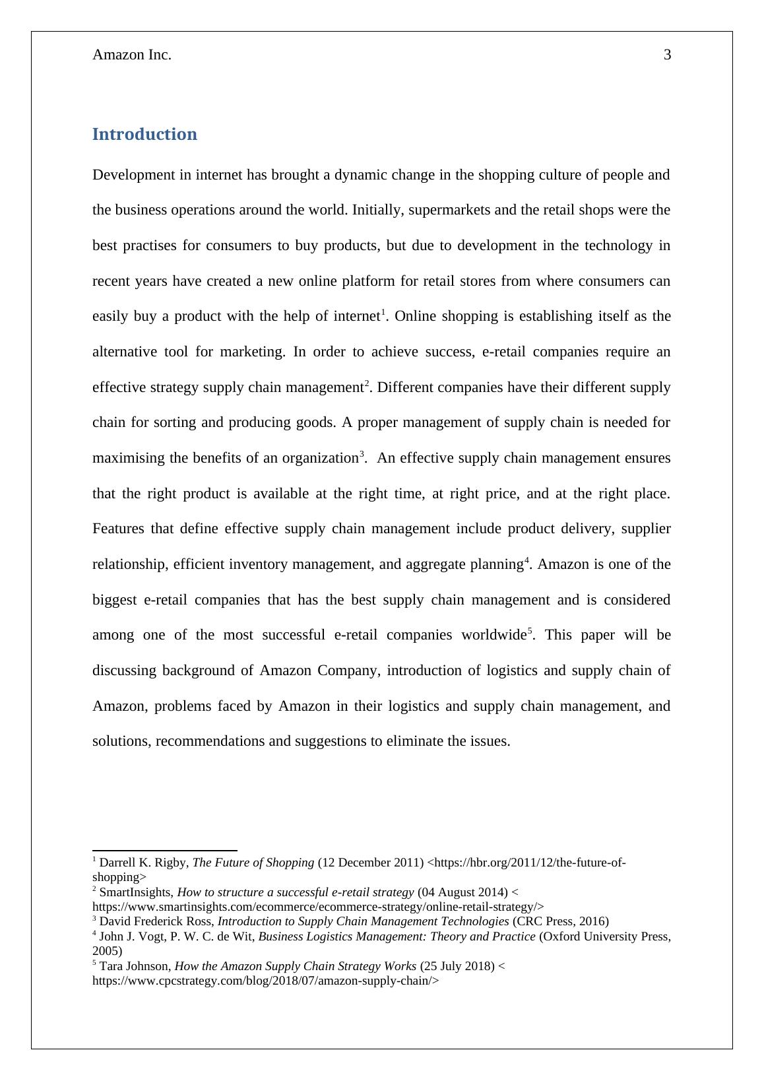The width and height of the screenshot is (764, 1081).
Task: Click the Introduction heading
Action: click(x=144, y=134)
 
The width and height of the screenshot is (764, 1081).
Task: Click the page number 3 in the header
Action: click(x=667, y=55)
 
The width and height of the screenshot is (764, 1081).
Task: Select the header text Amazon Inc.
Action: click(x=132, y=55)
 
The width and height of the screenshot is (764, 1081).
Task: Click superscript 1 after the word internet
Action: click(x=383, y=312)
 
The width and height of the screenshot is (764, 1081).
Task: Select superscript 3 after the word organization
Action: click(x=362, y=454)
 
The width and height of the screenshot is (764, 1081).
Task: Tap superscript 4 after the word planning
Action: click(x=526, y=560)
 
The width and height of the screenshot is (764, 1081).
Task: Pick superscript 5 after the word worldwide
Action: click(x=530, y=631)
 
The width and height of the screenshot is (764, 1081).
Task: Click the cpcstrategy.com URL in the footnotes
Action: click(x=265, y=981)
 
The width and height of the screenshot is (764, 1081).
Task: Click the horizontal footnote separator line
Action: click(x=165, y=851)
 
